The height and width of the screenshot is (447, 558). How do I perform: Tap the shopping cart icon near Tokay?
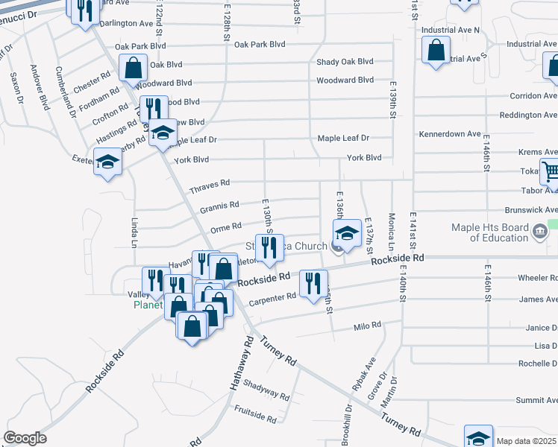click(x=551, y=173)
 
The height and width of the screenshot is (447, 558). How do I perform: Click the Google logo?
click(x=25, y=438)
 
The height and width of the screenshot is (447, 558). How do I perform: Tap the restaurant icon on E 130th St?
click(x=269, y=248)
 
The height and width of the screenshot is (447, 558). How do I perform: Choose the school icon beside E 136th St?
click(x=346, y=234)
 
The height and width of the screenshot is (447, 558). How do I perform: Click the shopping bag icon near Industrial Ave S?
click(x=436, y=51)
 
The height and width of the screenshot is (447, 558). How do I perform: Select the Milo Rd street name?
click(x=367, y=326)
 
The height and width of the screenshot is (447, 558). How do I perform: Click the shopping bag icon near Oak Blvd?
click(x=132, y=68)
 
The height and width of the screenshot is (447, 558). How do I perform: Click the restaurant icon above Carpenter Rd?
click(x=313, y=282)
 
